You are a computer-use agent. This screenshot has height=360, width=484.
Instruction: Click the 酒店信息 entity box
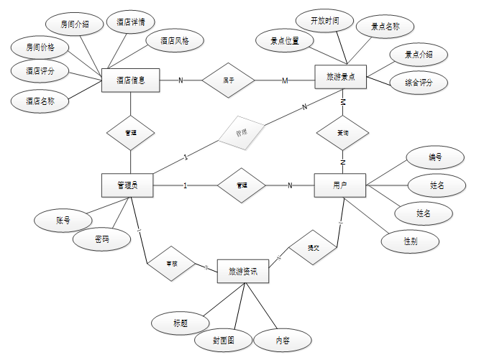click(x=130, y=80)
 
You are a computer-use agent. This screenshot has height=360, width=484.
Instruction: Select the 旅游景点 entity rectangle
click(x=341, y=76)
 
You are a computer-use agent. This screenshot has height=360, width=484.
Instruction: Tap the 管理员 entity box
click(x=127, y=185)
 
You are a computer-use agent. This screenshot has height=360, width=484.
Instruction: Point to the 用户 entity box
click(x=340, y=185)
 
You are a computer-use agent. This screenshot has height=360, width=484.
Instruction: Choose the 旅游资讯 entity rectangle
click(x=242, y=272)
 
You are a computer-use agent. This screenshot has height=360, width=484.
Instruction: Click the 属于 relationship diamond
click(x=228, y=80)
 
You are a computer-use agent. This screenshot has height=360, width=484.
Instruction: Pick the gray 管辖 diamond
click(x=242, y=133)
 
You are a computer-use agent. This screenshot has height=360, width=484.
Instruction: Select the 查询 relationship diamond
click(x=343, y=133)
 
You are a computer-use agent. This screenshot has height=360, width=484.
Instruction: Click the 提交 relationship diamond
click(x=313, y=248)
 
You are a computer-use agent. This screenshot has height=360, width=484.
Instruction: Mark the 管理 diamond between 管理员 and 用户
click(x=242, y=185)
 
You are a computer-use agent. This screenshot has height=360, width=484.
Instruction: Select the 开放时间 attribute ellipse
click(x=324, y=21)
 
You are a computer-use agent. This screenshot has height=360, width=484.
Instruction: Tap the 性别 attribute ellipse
click(x=410, y=241)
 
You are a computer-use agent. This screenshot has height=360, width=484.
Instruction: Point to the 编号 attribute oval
click(x=435, y=157)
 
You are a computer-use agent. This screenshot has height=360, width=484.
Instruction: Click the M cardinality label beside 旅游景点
click(x=285, y=80)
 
